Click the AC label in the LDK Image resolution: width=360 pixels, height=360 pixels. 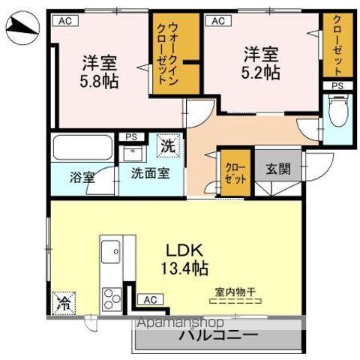click(x=149, y=299)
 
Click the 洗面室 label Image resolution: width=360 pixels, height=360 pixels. click(x=150, y=173)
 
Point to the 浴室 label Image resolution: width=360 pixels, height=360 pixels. click(x=82, y=178)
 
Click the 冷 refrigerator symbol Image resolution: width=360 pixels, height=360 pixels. click(x=63, y=304)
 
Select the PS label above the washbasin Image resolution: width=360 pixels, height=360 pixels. click(x=131, y=136)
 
